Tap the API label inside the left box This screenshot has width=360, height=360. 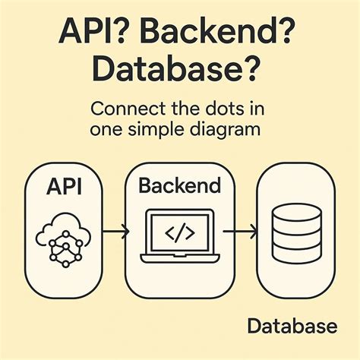pos(64,186)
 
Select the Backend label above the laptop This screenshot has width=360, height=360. pos(178,185)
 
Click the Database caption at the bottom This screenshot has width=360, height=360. pos(292,327)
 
